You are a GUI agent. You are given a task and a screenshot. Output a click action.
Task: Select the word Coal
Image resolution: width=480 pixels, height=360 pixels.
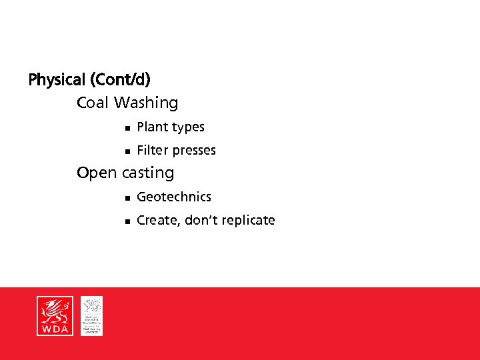(93, 103)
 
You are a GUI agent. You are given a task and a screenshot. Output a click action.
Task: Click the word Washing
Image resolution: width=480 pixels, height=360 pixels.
(146, 103)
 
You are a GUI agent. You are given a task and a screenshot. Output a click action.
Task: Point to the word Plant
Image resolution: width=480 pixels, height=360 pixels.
(152, 127)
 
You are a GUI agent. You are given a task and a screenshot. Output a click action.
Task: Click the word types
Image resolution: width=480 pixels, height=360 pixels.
(188, 127)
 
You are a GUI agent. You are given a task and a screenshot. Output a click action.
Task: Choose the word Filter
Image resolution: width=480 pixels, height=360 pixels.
(153, 150)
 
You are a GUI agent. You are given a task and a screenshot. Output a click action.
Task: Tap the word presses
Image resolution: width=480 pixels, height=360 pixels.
(194, 151)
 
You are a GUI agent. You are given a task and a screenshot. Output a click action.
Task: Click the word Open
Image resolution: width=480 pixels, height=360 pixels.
(97, 173)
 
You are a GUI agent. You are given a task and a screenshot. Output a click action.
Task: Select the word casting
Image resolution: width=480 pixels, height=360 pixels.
(147, 173)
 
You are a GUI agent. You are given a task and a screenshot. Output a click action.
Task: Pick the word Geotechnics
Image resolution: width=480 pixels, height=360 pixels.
(174, 197)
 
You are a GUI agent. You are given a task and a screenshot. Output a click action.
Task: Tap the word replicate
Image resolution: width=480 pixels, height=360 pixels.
(247, 221)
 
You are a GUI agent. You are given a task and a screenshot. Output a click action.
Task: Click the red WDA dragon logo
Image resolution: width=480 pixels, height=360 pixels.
(54, 316)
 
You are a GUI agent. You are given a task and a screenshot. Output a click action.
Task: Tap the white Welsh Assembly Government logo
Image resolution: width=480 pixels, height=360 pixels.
(92, 316)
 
